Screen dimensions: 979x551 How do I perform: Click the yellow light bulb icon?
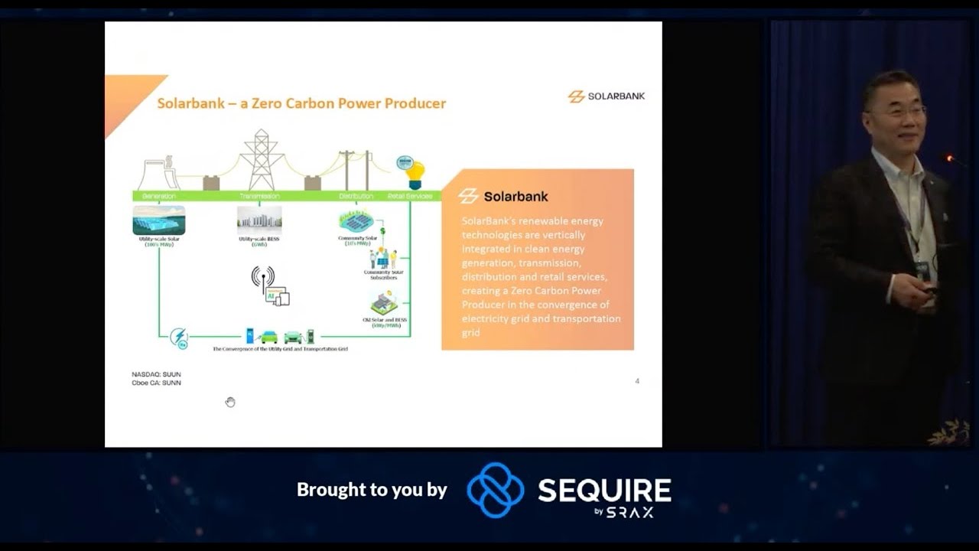coord(414,175)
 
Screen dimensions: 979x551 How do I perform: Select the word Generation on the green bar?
coord(159,196)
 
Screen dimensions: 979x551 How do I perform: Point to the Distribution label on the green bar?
coord(356,196)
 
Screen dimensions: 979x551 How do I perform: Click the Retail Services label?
coord(410,196)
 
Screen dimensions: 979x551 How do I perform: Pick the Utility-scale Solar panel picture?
coord(159,220)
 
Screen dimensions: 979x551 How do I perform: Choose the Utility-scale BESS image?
coord(259,220)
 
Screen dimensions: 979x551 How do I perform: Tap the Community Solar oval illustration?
coord(356,221)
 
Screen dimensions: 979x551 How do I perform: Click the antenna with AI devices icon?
coord(270,286)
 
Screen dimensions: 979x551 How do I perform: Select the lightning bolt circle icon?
coord(179,337)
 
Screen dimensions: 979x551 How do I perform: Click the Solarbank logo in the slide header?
coord(607,96)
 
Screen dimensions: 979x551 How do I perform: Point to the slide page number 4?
coord(637,381)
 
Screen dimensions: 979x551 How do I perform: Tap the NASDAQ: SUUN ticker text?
coord(156,374)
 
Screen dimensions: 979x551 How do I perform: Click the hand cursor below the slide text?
coord(230,402)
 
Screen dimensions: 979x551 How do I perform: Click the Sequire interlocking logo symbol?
coord(495,490)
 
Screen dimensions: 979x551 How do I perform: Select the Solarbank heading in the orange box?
coord(516,197)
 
